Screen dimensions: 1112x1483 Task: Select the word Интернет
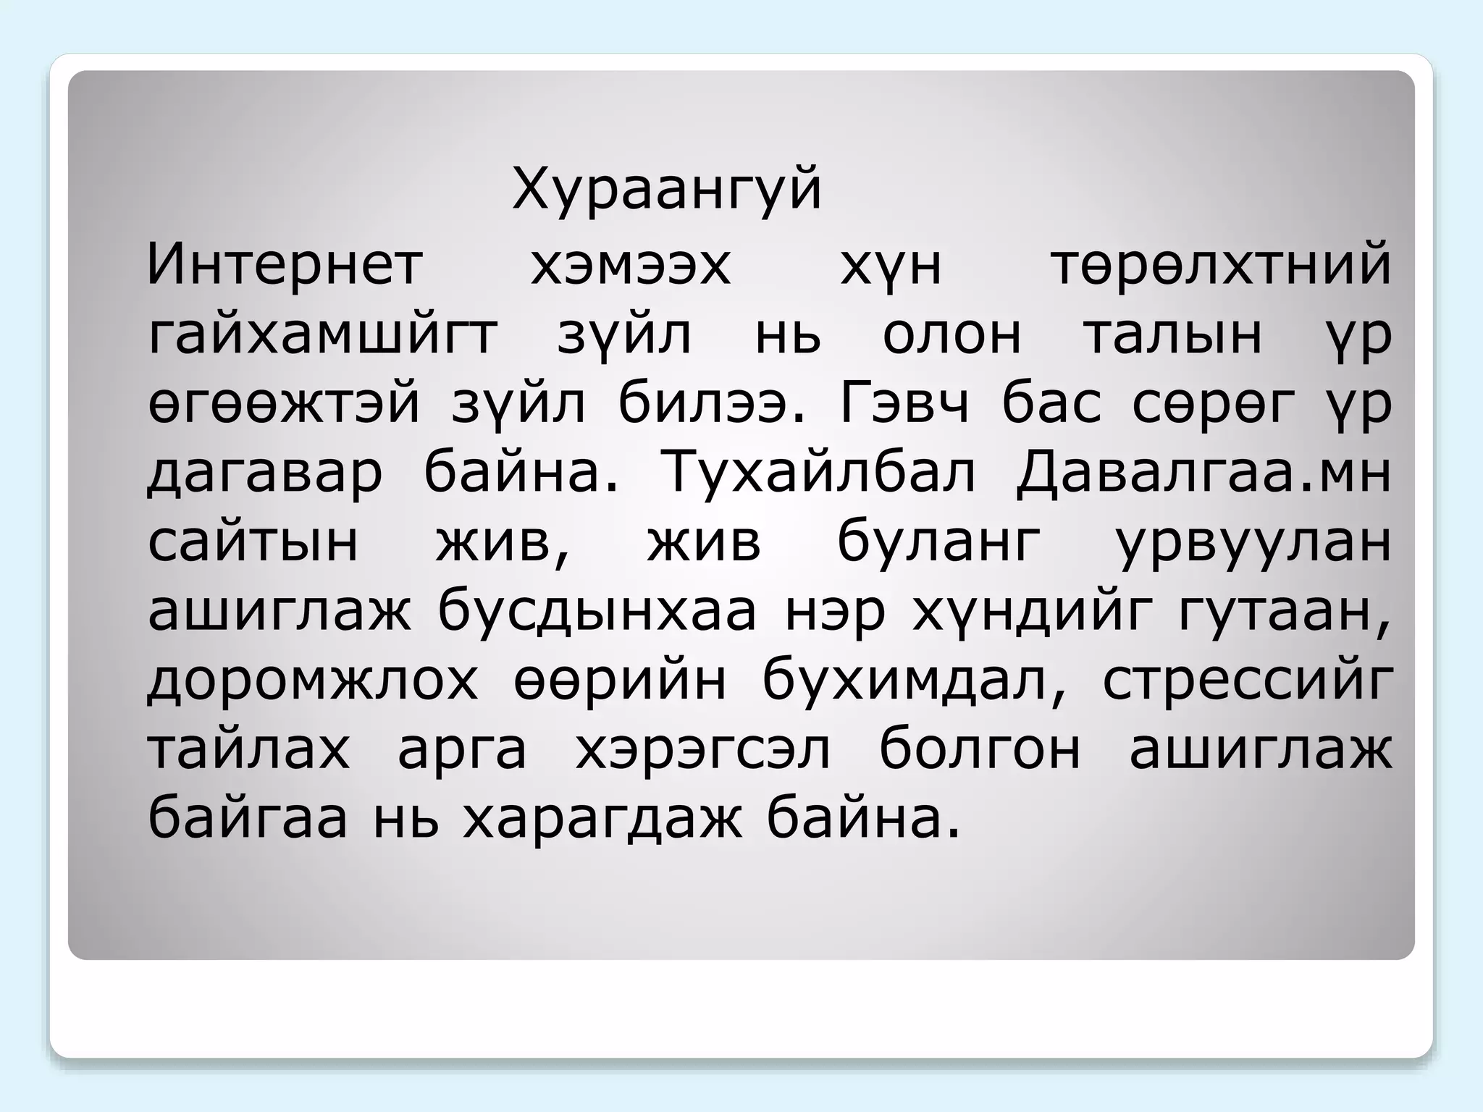[x=285, y=265]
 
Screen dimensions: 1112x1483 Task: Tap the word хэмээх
[x=630, y=265]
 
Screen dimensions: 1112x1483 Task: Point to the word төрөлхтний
[x=1221, y=265]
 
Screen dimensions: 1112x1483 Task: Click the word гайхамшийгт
[x=323, y=335]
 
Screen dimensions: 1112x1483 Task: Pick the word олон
[x=951, y=335]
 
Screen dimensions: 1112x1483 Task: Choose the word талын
[x=1172, y=335]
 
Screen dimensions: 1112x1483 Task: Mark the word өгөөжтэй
[x=285, y=405]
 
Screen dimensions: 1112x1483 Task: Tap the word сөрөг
[x=1213, y=405]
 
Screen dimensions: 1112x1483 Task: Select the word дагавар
[x=265, y=474]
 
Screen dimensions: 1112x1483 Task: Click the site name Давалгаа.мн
[x=1203, y=474]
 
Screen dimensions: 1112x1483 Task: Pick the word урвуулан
[x=1253, y=543]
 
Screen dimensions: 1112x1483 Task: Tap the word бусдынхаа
[x=597, y=612]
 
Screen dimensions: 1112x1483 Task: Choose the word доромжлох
[x=313, y=682]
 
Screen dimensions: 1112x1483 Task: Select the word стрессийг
[x=1247, y=682]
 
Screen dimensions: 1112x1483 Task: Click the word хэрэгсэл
[x=702, y=751]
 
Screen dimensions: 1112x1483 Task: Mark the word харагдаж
[x=602, y=820]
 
